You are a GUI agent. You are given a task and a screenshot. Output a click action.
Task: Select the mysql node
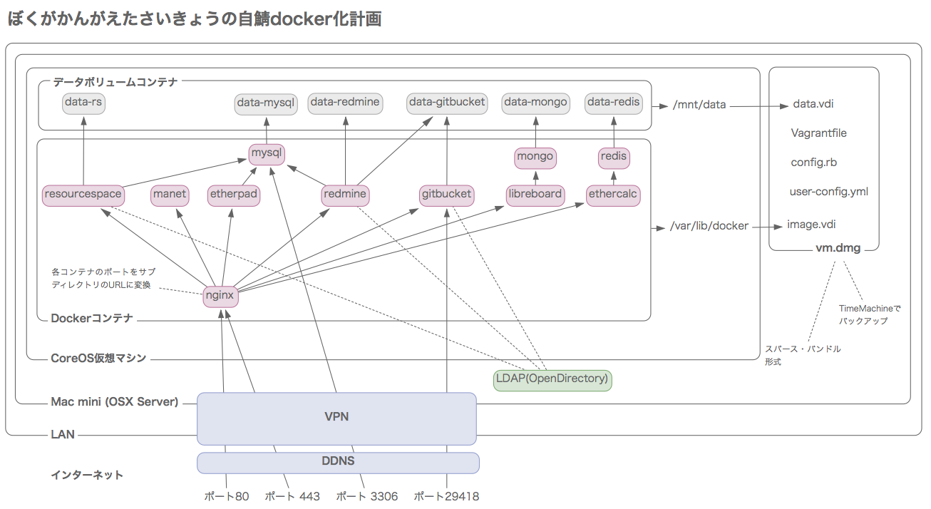click(x=267, y=153)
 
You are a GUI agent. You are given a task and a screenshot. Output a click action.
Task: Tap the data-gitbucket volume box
click(x=447, y=103)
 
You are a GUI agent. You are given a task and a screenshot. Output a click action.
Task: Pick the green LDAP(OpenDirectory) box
click(x=552, y=379)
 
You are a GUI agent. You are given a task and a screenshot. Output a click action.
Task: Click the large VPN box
click(x=336, y=418)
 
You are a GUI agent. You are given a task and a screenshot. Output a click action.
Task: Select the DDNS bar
click(x=338, y=462)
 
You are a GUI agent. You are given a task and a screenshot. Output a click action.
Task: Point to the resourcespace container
click(x=83, y=194)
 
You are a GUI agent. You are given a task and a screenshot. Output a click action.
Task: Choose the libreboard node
click(x=535, y=194)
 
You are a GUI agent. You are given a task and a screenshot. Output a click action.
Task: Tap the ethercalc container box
click(x=613, y=194)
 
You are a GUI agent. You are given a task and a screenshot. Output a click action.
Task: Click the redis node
click(x=613, y=157)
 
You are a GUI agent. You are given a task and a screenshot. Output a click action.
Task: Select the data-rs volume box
click(x=83, y=103)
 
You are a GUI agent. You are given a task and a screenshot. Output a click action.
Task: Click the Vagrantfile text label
click(x=819, y=133)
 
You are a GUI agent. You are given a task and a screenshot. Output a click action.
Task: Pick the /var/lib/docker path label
click(x=709, y=226)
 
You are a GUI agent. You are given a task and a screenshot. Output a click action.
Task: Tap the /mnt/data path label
click(x=699, y=105)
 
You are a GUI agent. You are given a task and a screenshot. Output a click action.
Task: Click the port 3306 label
click(x=366, y=496)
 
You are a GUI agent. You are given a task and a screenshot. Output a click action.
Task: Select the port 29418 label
click(x=447, y=496)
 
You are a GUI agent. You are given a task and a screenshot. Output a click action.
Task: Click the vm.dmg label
click(x=838, y=249)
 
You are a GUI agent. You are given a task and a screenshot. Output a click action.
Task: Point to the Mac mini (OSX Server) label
click(x=115, y=402)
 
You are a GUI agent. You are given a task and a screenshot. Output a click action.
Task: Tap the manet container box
click(x=170, y=194)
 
